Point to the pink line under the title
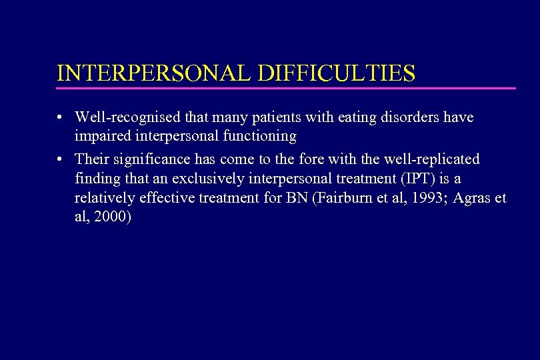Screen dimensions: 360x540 point(287,88)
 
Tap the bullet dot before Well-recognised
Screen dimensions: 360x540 point(60,118)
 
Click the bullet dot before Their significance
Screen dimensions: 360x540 point(60,159)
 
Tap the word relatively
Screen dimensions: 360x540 point(101,198)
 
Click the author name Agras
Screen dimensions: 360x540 point(477,198)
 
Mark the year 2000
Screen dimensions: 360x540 point(113,217)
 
